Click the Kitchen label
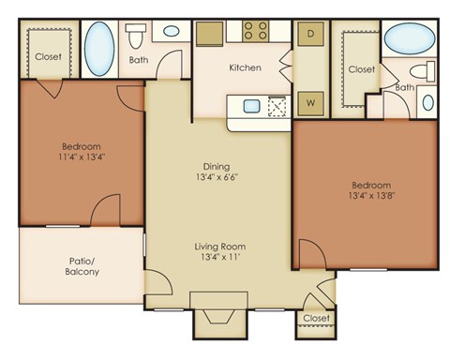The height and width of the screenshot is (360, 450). click(x=245, y=67)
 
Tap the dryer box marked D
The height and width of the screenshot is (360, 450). click(x=307, y=34)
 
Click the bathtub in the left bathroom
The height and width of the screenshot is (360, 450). click(x=99, y=42)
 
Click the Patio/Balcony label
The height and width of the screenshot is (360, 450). click(x=82, y=266)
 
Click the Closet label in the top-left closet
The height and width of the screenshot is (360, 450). click(x=48, y=56)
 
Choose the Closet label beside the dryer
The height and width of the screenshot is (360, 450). click(x=361, y=69)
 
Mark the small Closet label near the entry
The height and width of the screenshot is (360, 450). click(x=317, y=319)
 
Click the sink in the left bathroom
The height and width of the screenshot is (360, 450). click(x=172, y=31)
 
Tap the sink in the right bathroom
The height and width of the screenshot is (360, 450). click(x=428, y=102)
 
